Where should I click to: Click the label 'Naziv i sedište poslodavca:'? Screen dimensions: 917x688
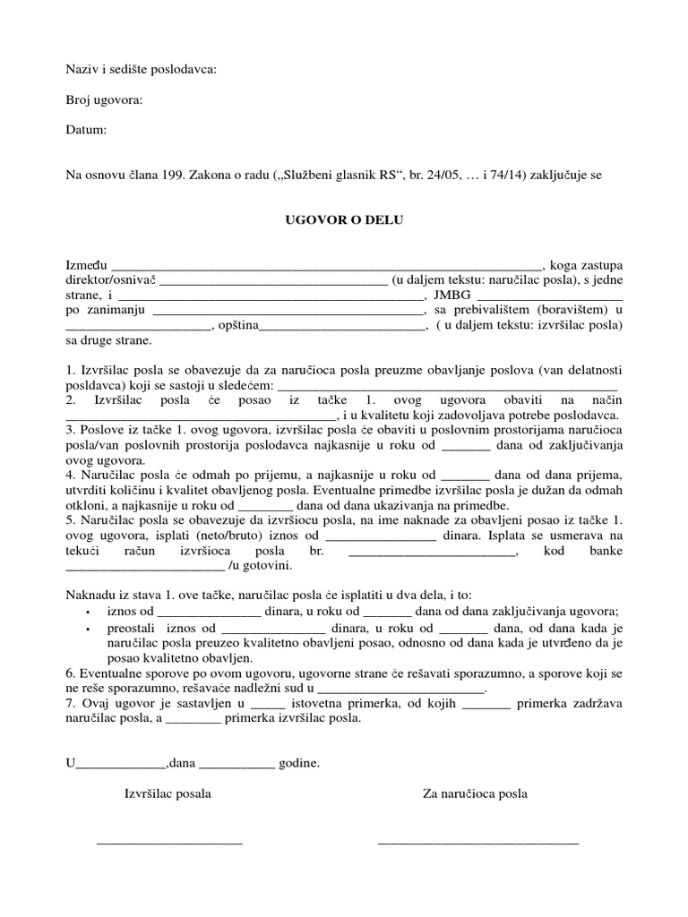142,69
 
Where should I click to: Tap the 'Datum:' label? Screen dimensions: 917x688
86,130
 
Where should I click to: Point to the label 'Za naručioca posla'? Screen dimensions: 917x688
475,793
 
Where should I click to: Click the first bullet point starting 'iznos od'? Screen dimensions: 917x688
87,612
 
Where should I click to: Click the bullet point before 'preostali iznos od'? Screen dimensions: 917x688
87,629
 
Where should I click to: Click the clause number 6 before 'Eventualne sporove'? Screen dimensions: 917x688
69,673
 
